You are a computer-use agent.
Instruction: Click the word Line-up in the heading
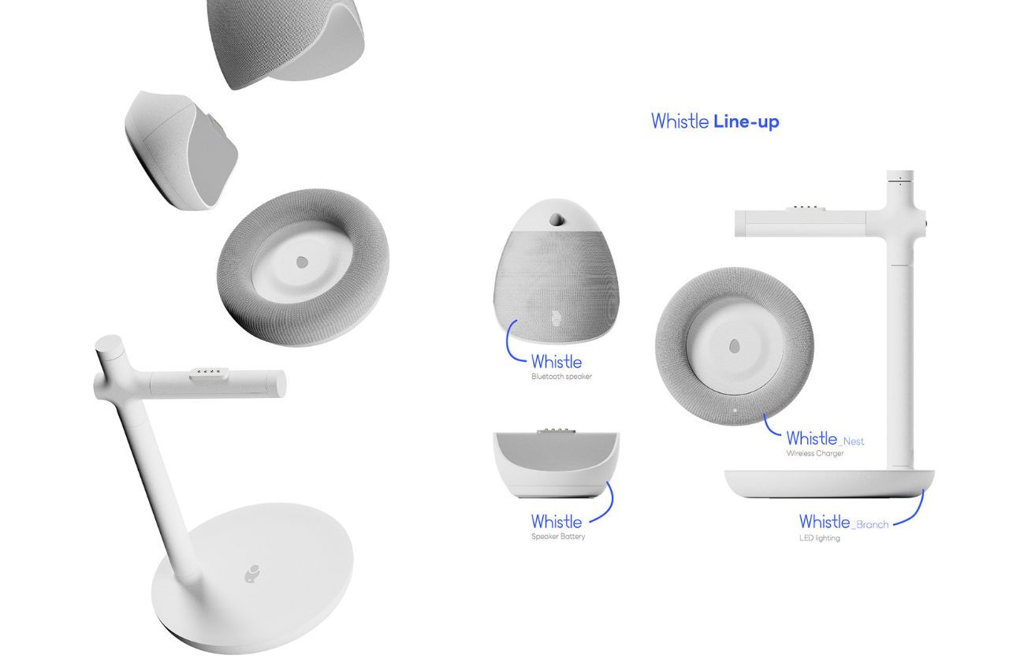[746, 122]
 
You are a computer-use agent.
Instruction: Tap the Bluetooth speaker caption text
[561, 377]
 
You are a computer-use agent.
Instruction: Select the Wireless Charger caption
[815, 453]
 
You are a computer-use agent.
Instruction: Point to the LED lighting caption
[819, 538]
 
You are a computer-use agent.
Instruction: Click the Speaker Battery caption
[558, 537]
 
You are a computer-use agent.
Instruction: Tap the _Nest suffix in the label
[851, 441]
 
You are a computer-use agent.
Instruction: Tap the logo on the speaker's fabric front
[554, 318]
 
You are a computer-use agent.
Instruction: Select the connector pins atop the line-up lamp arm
[802, 208]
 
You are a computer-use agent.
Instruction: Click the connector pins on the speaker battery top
[557, 430]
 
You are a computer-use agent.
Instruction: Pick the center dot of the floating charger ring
[302, 262]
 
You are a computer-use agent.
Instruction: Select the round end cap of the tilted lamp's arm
[278, 383]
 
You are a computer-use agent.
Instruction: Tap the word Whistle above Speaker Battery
[557, 522]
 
